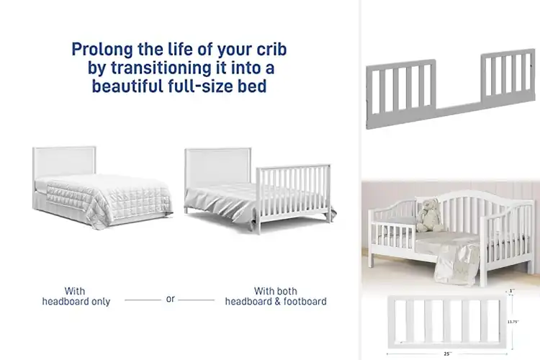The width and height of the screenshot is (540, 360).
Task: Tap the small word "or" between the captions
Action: pyautogui.click(x=171, y=298)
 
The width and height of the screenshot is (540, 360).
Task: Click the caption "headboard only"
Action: pyautogui.click(x=76, y=302)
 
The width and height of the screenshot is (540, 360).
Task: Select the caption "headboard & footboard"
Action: pyautogui.click(x=276, y=302)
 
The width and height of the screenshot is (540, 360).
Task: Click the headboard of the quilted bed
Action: pyautogui.click(x=65, y=160)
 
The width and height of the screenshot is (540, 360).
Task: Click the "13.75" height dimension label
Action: pyautogui.click(x=513, y=321)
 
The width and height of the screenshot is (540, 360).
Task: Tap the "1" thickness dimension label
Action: pyautogui.click(x=512, y=291)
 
